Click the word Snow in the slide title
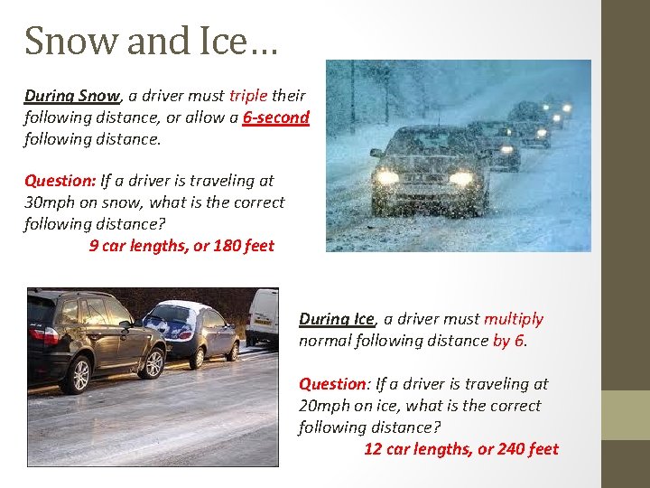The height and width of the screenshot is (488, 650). click(59, 41)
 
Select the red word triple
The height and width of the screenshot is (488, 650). click(255, 95)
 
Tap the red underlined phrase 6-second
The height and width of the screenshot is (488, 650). click(275, 117)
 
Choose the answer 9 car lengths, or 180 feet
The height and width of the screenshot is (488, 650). click(181, 246)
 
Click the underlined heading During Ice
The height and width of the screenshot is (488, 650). click(336, 319)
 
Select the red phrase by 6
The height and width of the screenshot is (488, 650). click(509, 341)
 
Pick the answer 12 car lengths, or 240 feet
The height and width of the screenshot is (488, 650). click(460, 449)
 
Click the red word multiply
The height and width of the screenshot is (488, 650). click(514, 319)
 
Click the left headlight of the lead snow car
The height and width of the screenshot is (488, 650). click(388, 177)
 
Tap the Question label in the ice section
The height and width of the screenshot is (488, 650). click(334, 384)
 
